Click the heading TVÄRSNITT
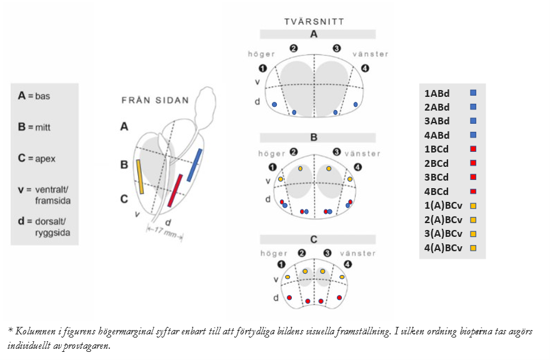(314, 21)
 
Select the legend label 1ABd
(437, 93)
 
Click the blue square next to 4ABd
(473, 135)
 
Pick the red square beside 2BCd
(473, 163)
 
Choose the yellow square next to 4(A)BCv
(473, 248)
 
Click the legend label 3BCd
(437, 177)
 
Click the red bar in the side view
(175, 191)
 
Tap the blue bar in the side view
(194, 165)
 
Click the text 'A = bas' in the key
(34, 96)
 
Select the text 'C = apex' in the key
(36, 159)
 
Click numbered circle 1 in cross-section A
(263, 68)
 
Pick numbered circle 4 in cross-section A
(365, 68)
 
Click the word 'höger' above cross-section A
(261, 54)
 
